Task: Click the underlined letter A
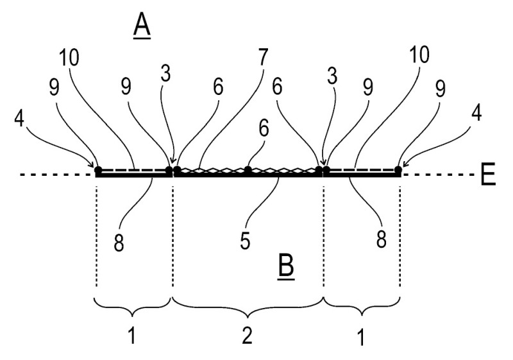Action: tap(142, 27)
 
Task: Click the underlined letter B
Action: tap(286, 267)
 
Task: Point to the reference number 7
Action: tap(263, 57)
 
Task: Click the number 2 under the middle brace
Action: tap(247, 336)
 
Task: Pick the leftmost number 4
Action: tap(19, 119)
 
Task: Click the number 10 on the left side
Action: tap(69, 57)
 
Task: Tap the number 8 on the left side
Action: tap(119, 243)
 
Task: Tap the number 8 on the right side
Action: tap(381, 239)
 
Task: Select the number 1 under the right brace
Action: tap(361, 337)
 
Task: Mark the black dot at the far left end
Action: tap(98, 170)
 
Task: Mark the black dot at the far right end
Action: tap(398, 169)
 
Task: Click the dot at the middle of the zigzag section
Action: tap(248, 169)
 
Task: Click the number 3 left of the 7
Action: tap(166, 74)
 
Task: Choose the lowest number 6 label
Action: tap(264, 128)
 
